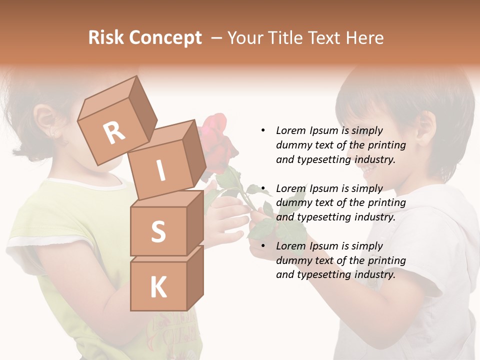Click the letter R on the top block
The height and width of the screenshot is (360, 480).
pos(114,133)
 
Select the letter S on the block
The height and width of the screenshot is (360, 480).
pos(158,231)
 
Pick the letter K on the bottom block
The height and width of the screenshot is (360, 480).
pos(158,287)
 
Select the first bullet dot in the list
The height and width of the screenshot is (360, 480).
pos(263,130)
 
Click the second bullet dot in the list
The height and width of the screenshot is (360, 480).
pos(263,188)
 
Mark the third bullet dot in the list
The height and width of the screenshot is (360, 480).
pos(263,246)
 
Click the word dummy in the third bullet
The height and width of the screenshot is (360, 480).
pos(292,260)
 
